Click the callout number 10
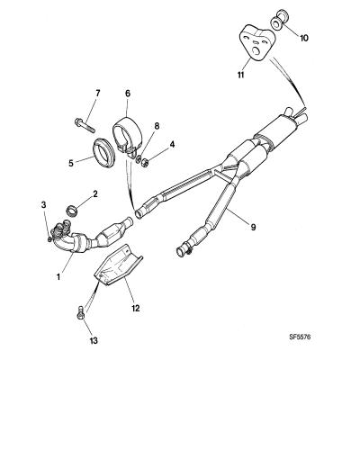304,38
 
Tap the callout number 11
240,75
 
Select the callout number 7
98,93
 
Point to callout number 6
128,94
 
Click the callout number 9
253,228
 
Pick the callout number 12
136,308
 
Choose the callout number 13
94,340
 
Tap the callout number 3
44,205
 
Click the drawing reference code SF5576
300,337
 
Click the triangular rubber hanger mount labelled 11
256,43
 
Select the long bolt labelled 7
85,126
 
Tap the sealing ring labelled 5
103,152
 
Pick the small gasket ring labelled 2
72,211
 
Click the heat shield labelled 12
118,265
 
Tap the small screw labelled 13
80,312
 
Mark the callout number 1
58,276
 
